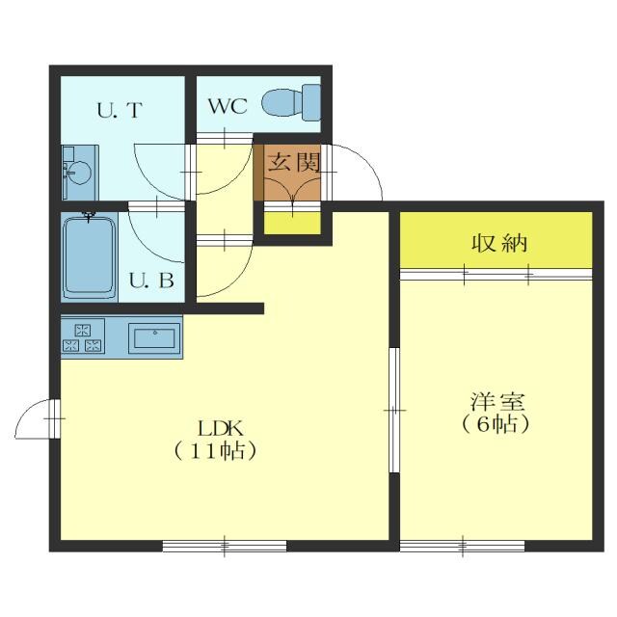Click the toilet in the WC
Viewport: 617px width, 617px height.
pyautogui.click(x=291, y=103)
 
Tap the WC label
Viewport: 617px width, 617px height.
pyautogui.click(x=228, y=105)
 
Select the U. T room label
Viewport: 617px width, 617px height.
pyautogui.click(x=120, y=110)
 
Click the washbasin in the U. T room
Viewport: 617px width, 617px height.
pyautogui.click(x=80, y=173)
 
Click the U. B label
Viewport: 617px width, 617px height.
pyautogui.click(x=151, y=281)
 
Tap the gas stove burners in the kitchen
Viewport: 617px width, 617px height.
pyautogui.click(x=83, y=338)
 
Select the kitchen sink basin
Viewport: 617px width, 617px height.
pyautogui.click(x=154, y=338)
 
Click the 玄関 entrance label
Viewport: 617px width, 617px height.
pyautogui.click(x=293, y=162)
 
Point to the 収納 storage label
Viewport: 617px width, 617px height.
pyautogui.click(x=499, y=243)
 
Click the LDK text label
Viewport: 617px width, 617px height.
pyautogui.click(x=221, y=428)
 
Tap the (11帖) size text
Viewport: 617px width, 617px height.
pyautogui.click(x=215, y=451)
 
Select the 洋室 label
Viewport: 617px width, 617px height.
pyautogui.click(x=497, y=402)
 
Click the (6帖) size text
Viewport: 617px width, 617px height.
pyautogui.click(x=496, y=424)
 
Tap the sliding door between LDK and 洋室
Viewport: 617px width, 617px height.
pyautogui.click(x=394, y=410)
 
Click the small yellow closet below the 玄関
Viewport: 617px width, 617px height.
pyautogui.click(x=292, y=224)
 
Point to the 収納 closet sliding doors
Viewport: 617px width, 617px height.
pyautogui.click(x=496, y=275)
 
